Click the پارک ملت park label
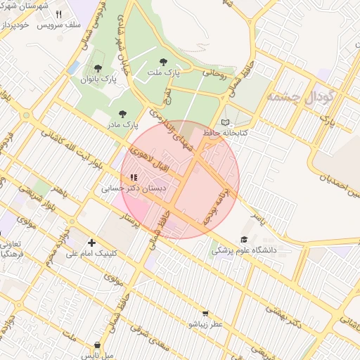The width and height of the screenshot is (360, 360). [x=163, y=72]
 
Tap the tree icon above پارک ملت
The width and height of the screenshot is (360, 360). [x=164, y=62]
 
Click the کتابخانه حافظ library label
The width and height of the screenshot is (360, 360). [x=223, y=131]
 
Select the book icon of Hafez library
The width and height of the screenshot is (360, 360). [x=225, y=121]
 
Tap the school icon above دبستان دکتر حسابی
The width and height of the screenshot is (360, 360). [x=134, y=177]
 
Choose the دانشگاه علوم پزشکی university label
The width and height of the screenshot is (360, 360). [x=245, y=250]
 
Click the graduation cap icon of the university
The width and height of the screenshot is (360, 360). [x=245, y=239]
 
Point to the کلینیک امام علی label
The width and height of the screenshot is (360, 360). [x=92, y=253]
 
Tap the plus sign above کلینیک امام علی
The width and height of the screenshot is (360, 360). [x=91, y=243]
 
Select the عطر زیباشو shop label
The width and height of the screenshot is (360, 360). [x=205, y=324]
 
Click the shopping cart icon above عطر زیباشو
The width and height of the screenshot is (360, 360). [x=205, y=314]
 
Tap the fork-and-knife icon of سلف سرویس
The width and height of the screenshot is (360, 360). [x=58, y=14]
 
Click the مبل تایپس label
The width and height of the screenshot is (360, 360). [x=98, y=356]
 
